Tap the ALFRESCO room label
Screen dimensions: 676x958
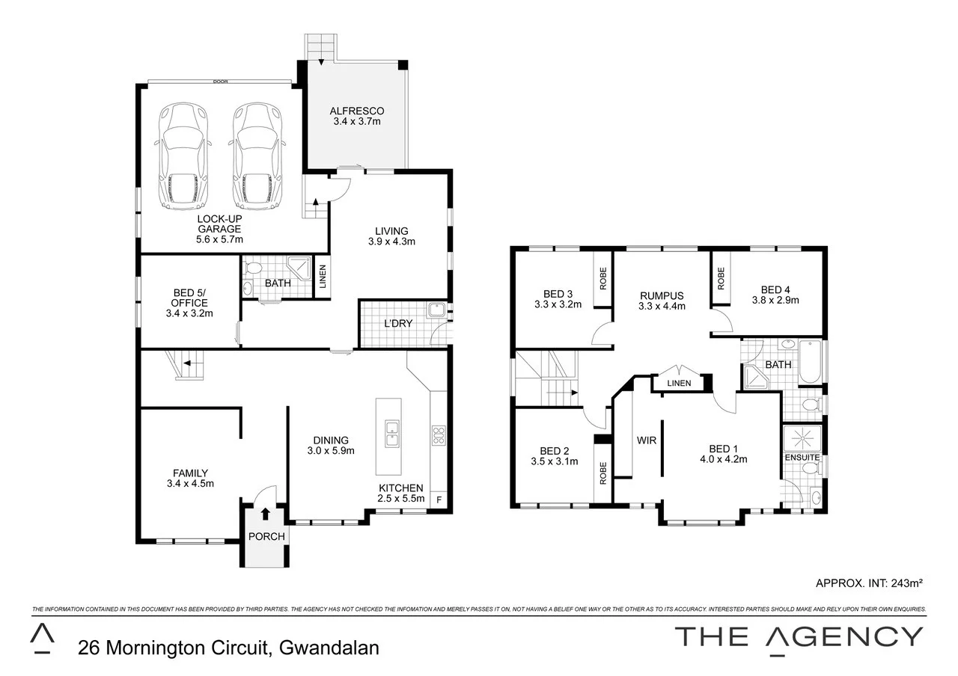pyautogui.click(x=357, y=116)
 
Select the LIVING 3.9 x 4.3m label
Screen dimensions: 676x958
pyautogui.click(x=391, y=236)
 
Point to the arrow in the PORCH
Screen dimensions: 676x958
pyautogui.click(x=266, y=513)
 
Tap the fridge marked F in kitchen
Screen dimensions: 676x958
pyautogui.click(x=439, y=499)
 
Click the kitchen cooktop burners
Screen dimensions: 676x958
pyautogui.click(x=439, y=434)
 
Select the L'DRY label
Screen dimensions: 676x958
pyautogui.click(x=397, y=324)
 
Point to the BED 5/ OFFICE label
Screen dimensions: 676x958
pyautogui.click(x=189, y=303)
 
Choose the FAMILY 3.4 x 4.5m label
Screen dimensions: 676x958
pyautogui.click(x=189, y=478)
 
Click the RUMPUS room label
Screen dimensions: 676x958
pyautogui.click(x=662, y=300)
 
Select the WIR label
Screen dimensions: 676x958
pyautogui.click(x=646, y=440)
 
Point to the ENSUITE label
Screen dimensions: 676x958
pyautogui.click(x=802, y=457)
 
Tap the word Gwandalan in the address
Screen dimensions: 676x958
pyautogui.click(x=329, y=648)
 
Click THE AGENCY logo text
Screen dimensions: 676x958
pyautogui.click(x=799, y=636)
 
